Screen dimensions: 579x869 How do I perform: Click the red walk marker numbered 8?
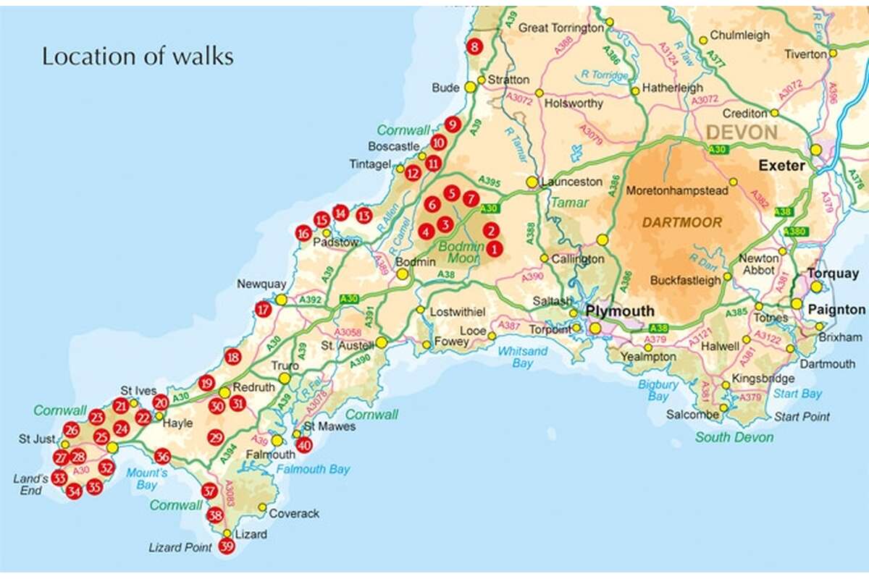[474, 48]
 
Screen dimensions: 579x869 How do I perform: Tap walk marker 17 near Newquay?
[263, 310]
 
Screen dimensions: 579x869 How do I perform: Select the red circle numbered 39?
[227, 547]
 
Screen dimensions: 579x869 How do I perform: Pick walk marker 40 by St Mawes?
[304, 445]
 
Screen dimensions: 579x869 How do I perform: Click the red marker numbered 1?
[495, 249]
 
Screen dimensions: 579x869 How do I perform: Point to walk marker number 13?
[364, 216]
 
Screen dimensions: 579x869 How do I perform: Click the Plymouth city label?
[620, 311]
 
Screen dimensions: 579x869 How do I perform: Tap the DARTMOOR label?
[681, 222]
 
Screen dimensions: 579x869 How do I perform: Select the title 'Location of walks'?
[138, 56]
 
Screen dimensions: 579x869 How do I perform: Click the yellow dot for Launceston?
[532, 182]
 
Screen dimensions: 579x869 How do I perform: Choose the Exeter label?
[781, 166]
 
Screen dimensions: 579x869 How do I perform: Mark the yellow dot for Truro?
[285, 378]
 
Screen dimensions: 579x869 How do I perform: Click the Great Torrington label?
[561, 28]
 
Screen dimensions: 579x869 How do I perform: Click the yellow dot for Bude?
[470, 88]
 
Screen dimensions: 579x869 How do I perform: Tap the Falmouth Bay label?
[319, 470]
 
